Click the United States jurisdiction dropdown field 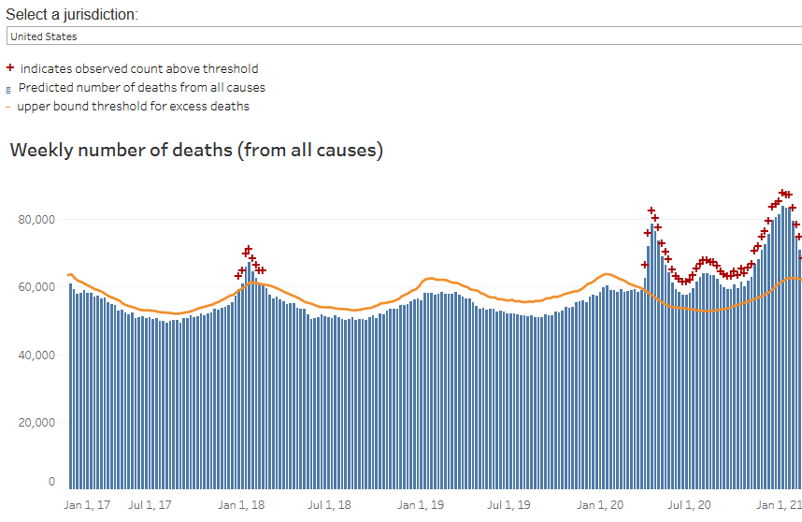pyautogui.click(x=404, y=36)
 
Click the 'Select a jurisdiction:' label pyautogui.click(x=72, y=14)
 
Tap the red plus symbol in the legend pyautogui.click(x=9, y=67)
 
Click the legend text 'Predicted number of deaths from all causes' pyautogui.click(x=142, y=88)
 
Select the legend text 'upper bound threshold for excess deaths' pyautogui.click(x=133, y=107)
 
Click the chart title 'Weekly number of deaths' pyautogui.click(x=122, y=150)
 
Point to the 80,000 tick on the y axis pyautogui.click(x=36, y=220)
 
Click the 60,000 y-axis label pyautogui.click(x=36, y=287)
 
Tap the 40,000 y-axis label pyautogui.click(x=36, y=355)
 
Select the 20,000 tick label pyautogui.click(x=36, y=423)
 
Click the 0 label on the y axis pyautogui.click(x=51, y=482)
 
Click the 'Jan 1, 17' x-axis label pyautogui.click(x=87, y=505)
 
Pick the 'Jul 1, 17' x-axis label pyautogui.click(x=150, y=505)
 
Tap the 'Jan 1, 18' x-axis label pyautogui.click(x=241, y=505)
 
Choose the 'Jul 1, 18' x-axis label pyautogui.click(x=329, y=505)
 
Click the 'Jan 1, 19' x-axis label pyautogui.click(x=421, y=505)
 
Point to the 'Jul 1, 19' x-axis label pyautogui.click(x=508, y=505)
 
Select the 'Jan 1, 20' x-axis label pyautogui.click(x=600, y=505)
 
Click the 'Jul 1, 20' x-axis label pyautogui.click(x=689, y=505)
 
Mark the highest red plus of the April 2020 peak pyautogui.click(x=652, y=210)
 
